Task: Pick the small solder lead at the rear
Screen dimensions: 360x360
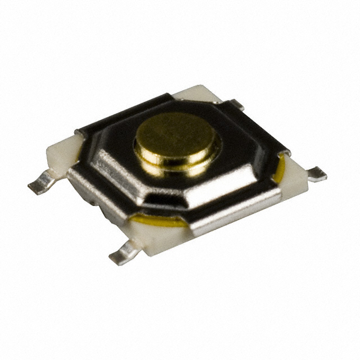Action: click(235, 104)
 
